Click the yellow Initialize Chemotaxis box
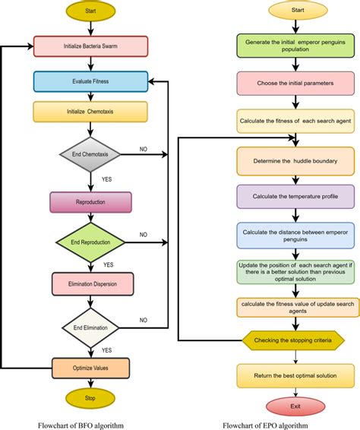pyautogui.click(x=90, y=112)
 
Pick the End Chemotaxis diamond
pyautogui.click(x=90, y=154)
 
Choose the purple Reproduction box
pyautogui.click(x=90, y=203)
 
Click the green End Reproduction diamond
pyautogui.click(x=90, y=242)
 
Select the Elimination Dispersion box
pyautogui.click(x=90, y=284)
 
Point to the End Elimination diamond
pyautogui.click(x=90, y=327)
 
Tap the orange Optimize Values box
pyautogui.click(x=90, y=368)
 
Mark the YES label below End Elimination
pyautogui.click(x=107, y=349)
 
